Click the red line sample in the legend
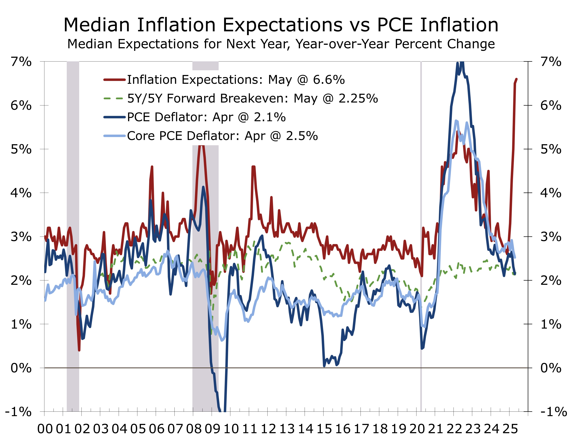pyautogui.click(x=114, y=80)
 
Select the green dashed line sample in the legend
pyautogui.click(x=113, y=98)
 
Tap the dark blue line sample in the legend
pyautogui.click(x=114, y=117)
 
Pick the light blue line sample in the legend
pyautogui.click(x=114, y=136)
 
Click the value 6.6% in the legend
pyautogui.click(x=329, y=80)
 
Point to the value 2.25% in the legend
pyautogui.click(x=358, y=98)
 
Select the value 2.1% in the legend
pyautogui.click(x=270, y=117)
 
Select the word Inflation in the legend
pyautogui.click(x=152, y=80)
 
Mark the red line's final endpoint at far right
pyautogui.click(x=516, y=79)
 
